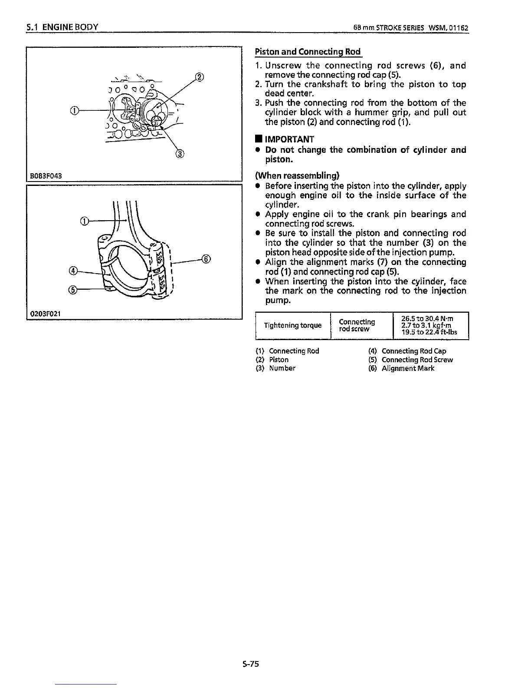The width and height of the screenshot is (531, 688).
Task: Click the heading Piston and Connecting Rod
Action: (x=308, y=52)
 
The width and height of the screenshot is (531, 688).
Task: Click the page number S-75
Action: (x=251, y=664)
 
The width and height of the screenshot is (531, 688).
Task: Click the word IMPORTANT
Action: (x=289, y=139)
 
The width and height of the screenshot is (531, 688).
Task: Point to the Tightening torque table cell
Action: (x=293, y=325)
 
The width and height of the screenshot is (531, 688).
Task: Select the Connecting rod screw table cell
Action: (x=357, y=325)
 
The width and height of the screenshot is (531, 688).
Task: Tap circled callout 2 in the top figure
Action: (x=199, y=78)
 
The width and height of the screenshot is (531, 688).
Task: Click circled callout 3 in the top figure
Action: (x=179, y=154)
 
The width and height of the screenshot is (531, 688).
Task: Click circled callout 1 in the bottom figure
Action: (x=85, y=221)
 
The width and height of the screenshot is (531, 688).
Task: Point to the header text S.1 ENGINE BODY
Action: (x=61, y=27)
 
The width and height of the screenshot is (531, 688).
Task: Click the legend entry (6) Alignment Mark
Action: (x=401, y=368)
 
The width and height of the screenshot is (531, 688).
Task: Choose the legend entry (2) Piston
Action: (x=272, y=360)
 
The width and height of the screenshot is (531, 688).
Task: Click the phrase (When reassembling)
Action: (x=297, y=176)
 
